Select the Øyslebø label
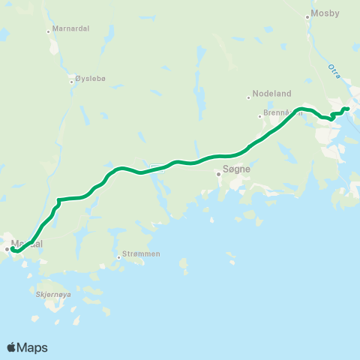point(91,79)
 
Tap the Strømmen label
point(141,253)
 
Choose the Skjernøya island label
point(52,295)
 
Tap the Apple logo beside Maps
point(11,347)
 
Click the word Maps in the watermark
point(32,347)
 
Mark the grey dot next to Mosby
point(308,16)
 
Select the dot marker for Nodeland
point(248,97)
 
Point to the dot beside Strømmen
point(118,257)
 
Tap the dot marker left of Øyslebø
point(71,81)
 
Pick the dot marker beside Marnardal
point(48,31)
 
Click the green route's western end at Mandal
point(13,250)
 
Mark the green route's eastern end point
point(348,109)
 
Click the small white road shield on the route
point(155,167)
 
